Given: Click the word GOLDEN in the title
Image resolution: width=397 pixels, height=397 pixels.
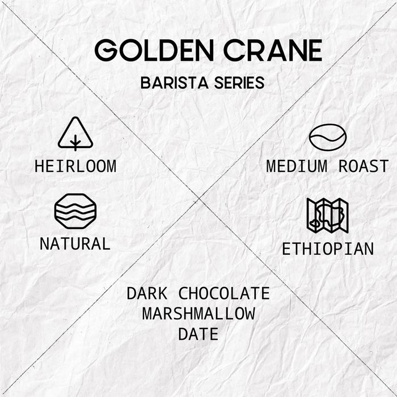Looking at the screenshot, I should (x=152, y=51).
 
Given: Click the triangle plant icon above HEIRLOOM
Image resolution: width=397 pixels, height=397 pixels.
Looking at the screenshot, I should (x=75, y=134).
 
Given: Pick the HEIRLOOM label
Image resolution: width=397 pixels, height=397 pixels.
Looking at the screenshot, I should (x=75, y=166).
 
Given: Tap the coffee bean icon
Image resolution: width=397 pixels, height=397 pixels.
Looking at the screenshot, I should (x=328, y=137).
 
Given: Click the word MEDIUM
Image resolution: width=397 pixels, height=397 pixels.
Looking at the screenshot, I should (x=299, y=166).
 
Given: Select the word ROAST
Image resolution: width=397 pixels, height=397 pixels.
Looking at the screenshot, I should (x=364, y=166).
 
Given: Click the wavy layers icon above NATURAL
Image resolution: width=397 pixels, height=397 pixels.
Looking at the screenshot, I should (x=75, y=211).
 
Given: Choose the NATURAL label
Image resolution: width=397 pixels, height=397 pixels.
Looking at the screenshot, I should (x=75, y=244).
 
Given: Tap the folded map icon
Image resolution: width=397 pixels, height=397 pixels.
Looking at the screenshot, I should (x=328, y=216).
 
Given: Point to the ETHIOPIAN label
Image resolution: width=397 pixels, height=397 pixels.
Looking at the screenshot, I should (x=328, y=248).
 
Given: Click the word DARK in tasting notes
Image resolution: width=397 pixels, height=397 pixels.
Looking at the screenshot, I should (x=147, y=293).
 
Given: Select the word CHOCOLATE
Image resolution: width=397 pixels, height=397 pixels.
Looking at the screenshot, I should (x=224, y=293).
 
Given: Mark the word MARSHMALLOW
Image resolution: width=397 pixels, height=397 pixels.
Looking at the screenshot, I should (x=198, y=314).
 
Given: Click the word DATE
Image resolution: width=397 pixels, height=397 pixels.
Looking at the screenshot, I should (x=198, y=334).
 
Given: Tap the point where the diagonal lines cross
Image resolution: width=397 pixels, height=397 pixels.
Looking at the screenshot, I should (x=199, y=198).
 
